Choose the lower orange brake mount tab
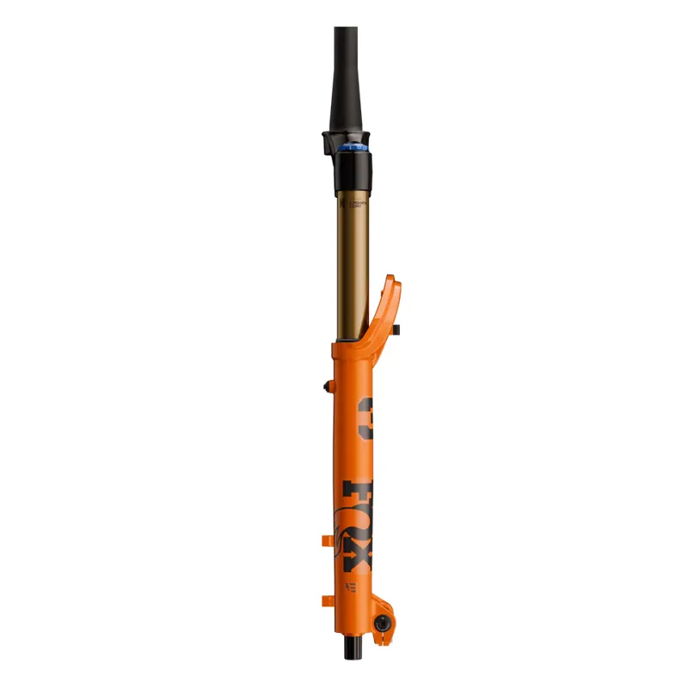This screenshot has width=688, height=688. coord(326,599)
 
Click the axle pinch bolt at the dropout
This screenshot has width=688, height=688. coord(378,622)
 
